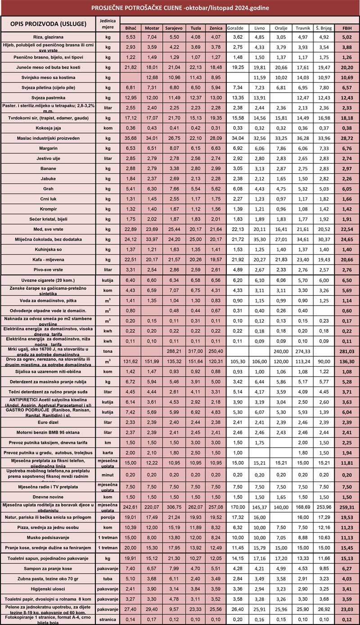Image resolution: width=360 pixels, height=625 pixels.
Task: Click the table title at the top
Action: click(180, 8)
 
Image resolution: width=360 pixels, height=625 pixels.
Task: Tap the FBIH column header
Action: click(347, 28)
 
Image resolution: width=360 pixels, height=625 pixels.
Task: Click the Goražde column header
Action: click(236, 28)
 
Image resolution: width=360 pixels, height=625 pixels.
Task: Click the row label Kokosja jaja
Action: click(48, 128)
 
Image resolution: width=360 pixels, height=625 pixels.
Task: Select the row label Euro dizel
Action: click(48, 423)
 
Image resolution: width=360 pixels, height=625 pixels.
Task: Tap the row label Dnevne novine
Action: click(48, 497)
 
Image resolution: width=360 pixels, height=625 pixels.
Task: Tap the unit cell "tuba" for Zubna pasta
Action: click(107, 578)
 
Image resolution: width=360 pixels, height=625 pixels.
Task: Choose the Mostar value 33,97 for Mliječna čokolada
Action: click(152, 238)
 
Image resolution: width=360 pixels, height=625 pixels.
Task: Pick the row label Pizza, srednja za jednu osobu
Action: click(48, 527)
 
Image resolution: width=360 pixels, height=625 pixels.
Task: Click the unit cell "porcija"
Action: click(107, 517)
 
